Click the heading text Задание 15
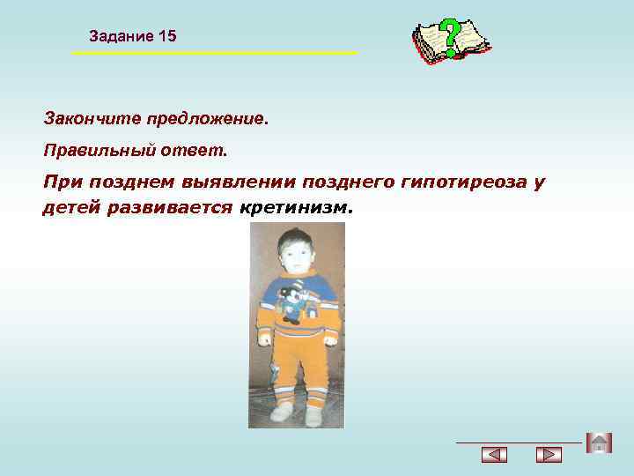133,36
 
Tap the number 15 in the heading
167,36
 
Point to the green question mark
451,36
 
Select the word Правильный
99,151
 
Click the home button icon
599,443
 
